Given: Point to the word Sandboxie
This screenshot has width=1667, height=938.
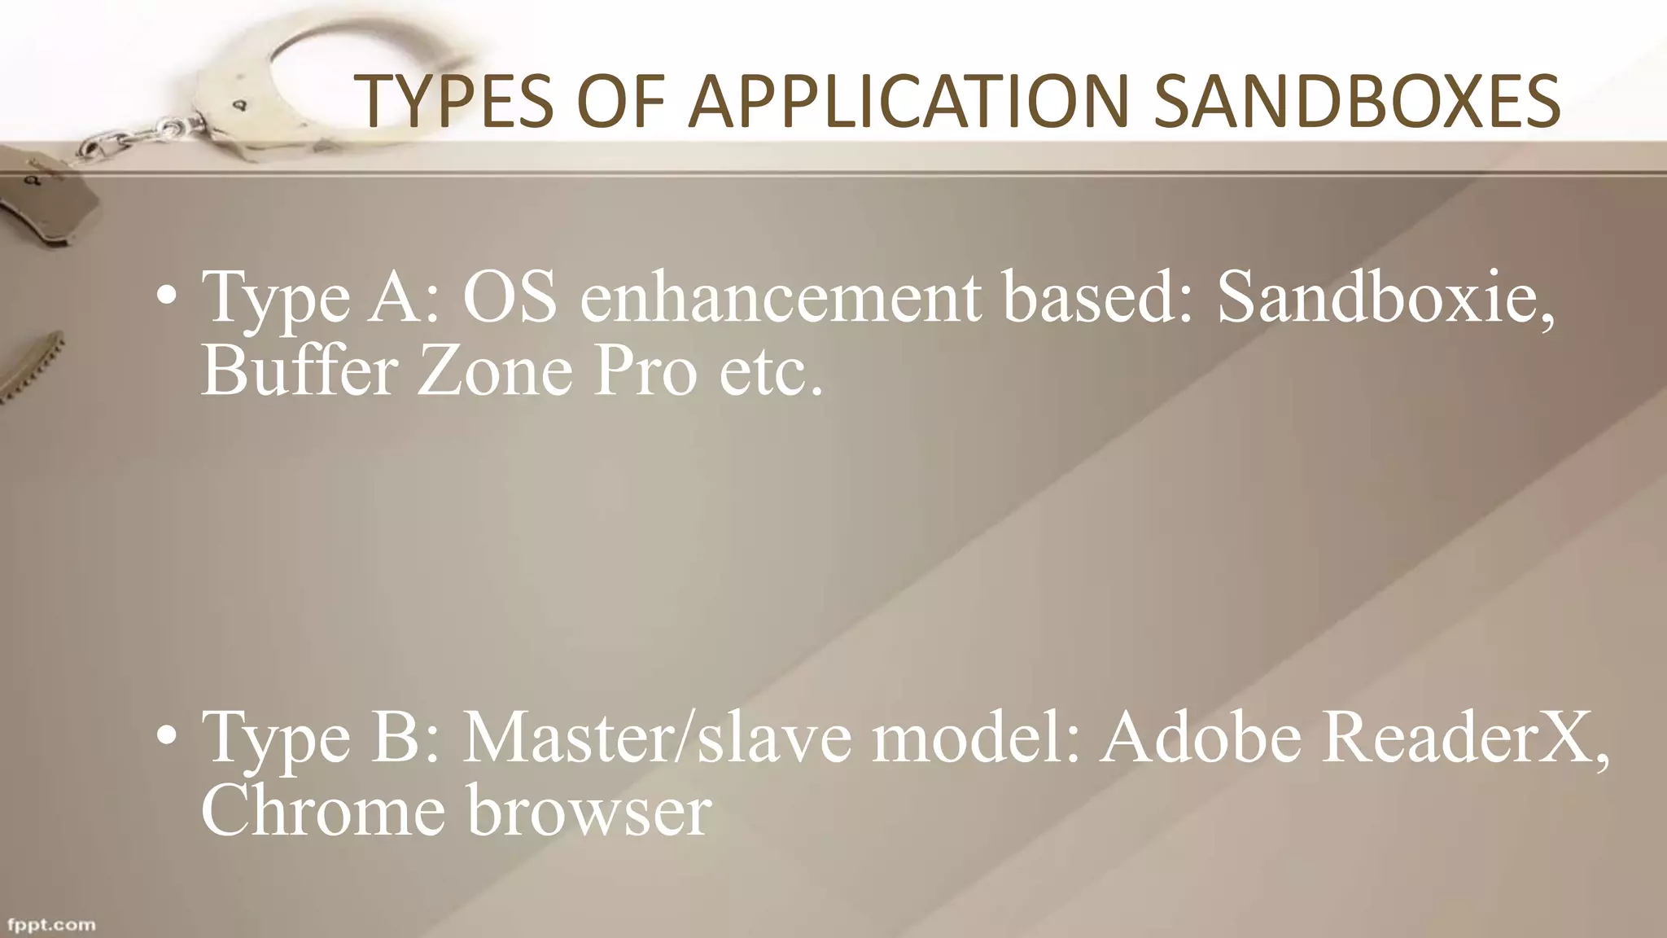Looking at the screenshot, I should pos(1385,298).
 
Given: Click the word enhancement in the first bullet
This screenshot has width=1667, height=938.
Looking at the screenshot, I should pos(780,298).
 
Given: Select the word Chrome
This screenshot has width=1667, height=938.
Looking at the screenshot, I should pos(323,811).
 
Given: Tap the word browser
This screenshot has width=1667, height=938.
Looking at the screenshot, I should pos(589,811).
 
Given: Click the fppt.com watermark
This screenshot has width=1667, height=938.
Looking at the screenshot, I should pos(51,925).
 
